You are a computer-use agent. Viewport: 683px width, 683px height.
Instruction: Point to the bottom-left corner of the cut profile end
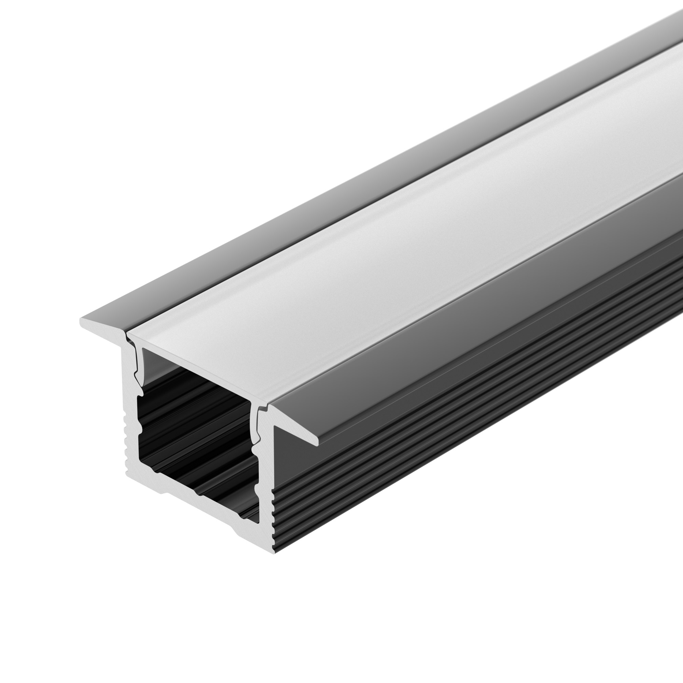(x=128, y=474)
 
